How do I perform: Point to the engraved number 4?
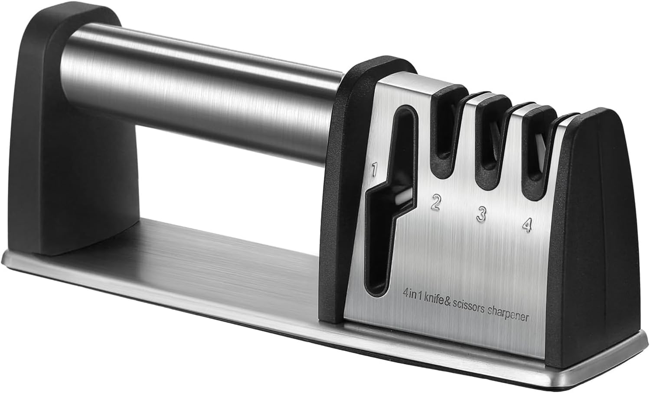pyautogui.click(x=527, y=225)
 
